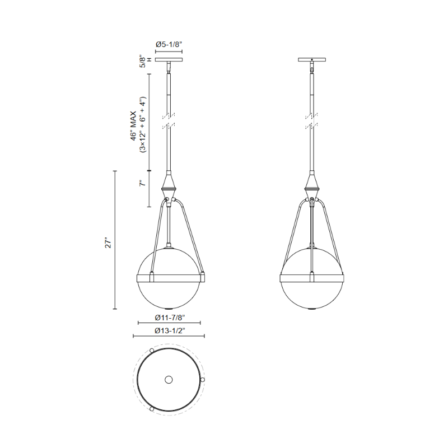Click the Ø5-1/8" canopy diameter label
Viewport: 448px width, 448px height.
click(x=169, y=44)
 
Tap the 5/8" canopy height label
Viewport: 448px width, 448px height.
click(x=143, y=61)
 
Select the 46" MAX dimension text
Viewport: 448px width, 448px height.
click(x=134, y=126)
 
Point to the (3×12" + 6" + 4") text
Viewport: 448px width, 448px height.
click(x=143, y=124)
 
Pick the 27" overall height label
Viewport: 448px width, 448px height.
click(x=108, y=242)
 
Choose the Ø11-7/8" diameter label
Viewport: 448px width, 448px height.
click(x=170, y=317)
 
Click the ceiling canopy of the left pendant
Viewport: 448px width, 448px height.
click(x=169, y=60)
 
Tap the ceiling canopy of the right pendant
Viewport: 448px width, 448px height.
click(x=312, y=60)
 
